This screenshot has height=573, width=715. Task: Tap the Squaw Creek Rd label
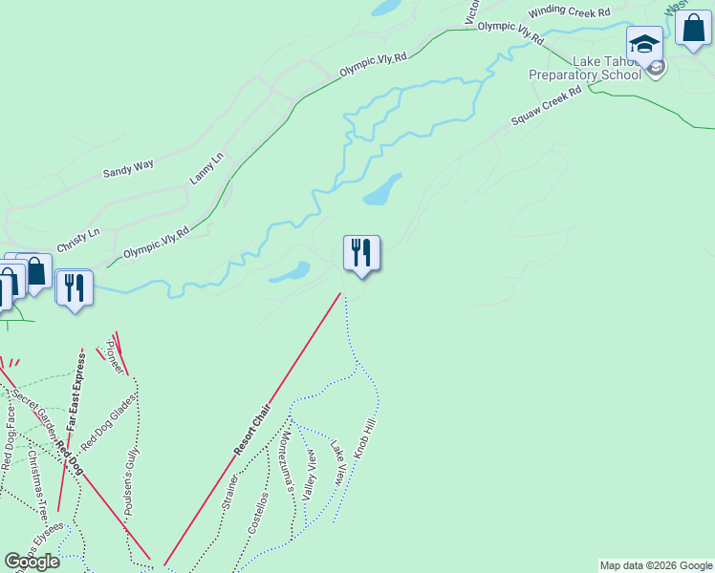click(x=546, y=107)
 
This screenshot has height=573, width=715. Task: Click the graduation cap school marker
click(x=644, y=46)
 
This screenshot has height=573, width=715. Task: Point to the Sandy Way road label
click(x=128, y=170)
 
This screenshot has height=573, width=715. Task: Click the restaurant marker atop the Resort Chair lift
click(x=361, y=253)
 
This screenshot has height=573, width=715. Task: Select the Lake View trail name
click(x=337, y=461)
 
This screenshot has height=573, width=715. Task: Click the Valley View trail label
click(x=310, y=477)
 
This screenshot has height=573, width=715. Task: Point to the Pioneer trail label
click(x=115, y=356)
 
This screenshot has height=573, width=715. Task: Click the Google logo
click(x=32, y=562)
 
